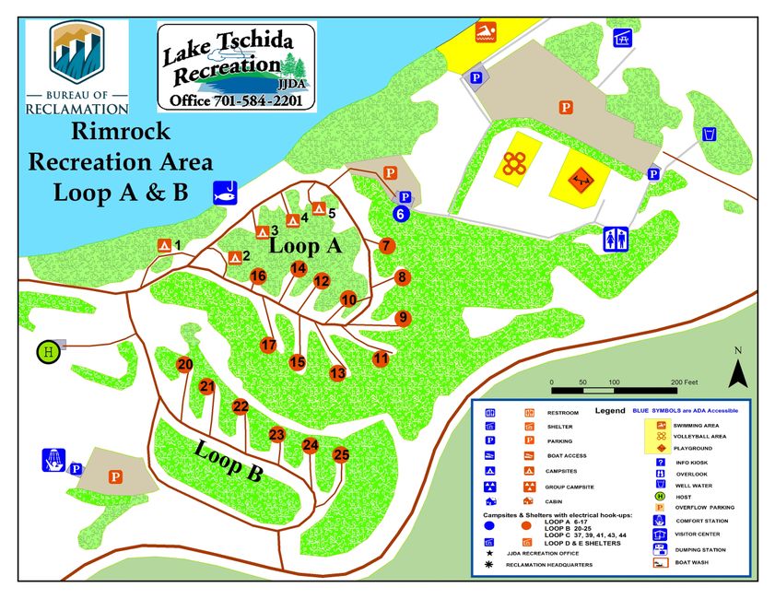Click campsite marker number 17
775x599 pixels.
[268, 346]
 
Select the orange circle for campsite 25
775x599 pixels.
[341, 454]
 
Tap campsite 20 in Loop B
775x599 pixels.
[185, 365]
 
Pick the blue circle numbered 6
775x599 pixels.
[401, 214]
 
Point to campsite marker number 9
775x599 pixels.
[402, 318]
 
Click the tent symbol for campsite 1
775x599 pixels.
[164, 245]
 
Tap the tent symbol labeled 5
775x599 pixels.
[318, 208]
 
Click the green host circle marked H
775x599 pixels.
[49, 351]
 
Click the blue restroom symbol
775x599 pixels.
[616, 239]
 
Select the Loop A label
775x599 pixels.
[305, 247]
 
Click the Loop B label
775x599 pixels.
[229, 463]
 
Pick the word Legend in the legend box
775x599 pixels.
[609, 410]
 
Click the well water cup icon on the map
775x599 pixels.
[710, 135]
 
